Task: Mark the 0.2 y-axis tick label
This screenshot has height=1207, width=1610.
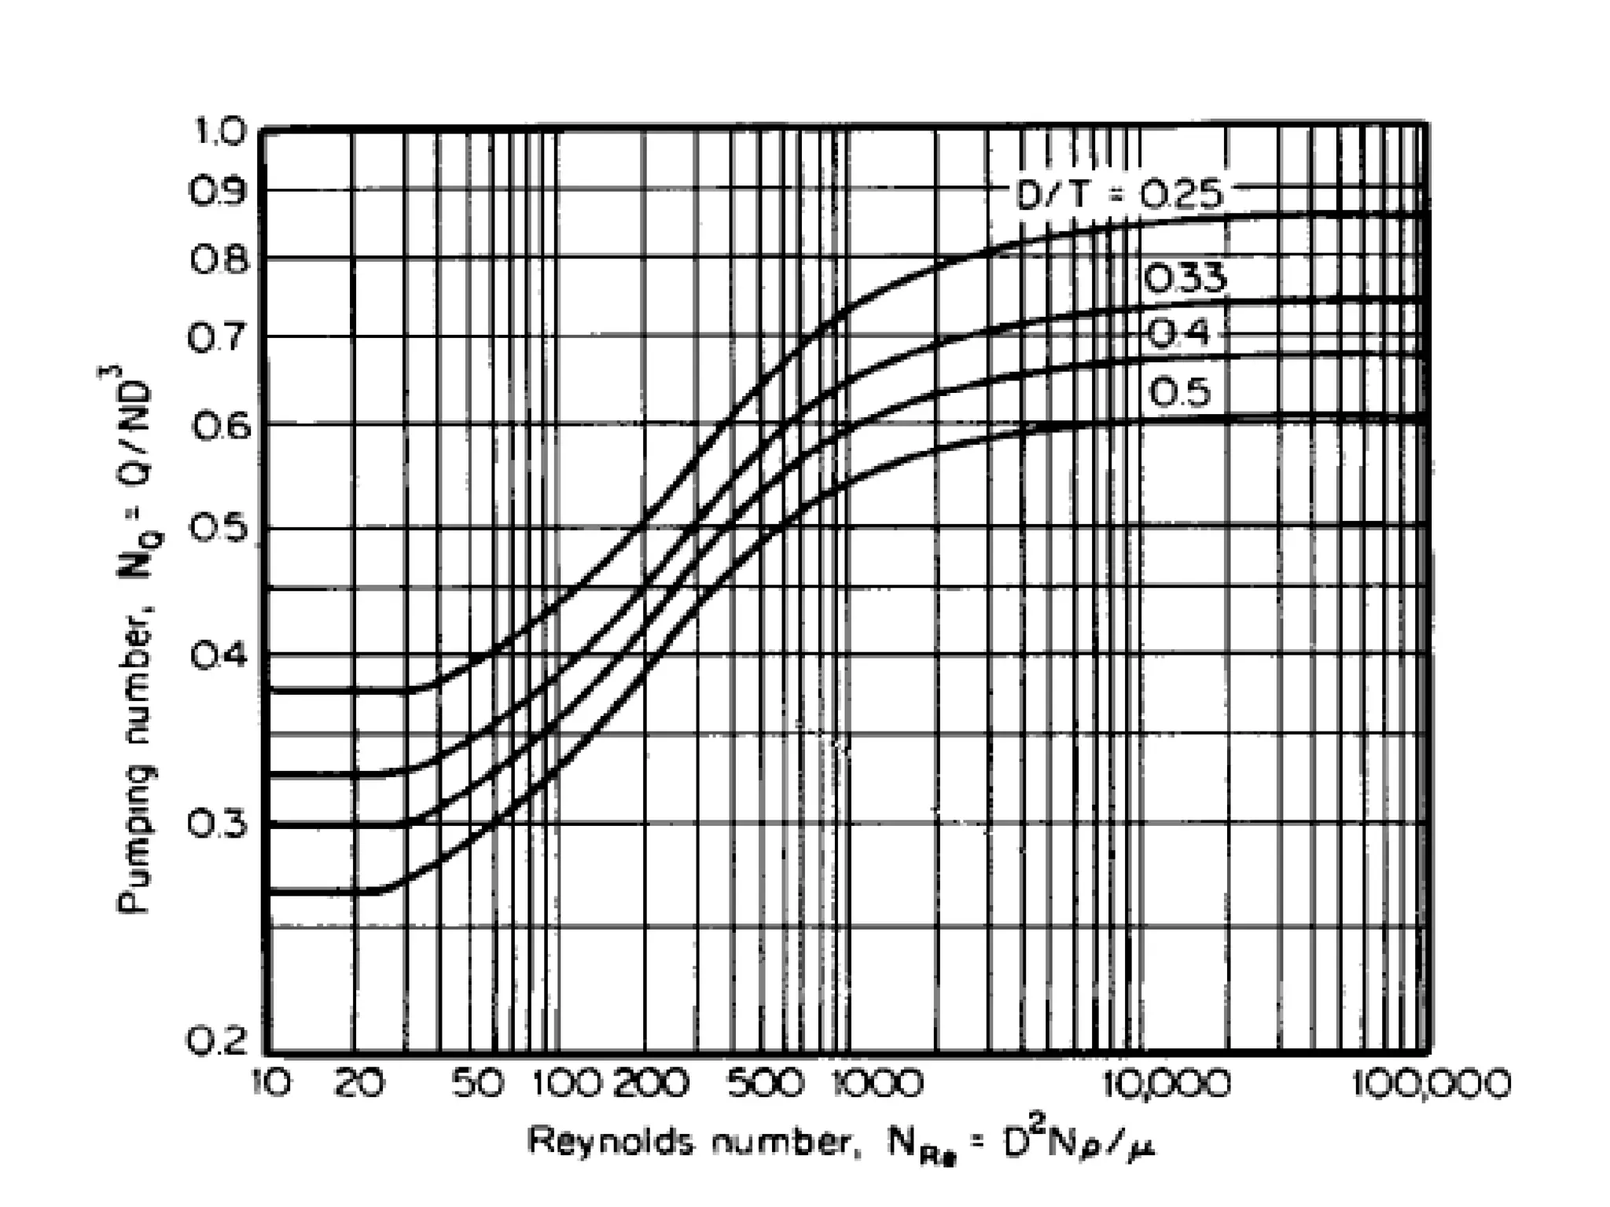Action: click(217, 1042)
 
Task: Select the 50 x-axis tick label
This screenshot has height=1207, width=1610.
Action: click(476, 1084)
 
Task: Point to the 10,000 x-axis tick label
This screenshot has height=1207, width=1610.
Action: click(1167, 1084)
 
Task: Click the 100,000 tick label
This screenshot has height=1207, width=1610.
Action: click(1431, 1084)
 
